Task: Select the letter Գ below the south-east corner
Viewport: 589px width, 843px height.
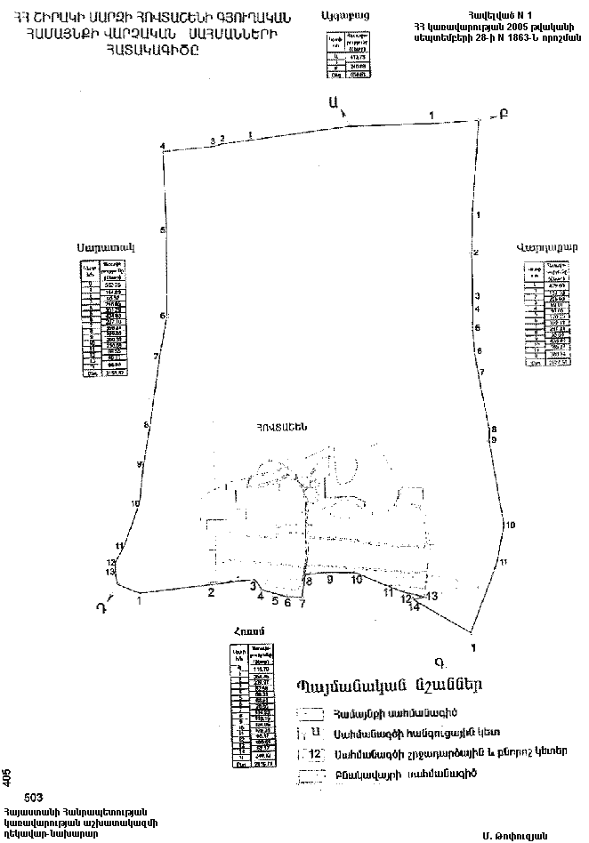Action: click(x=440, y=662)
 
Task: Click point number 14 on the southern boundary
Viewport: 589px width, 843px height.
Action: click(x=413, y=607)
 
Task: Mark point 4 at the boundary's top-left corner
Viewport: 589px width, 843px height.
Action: click(x=163, y=146)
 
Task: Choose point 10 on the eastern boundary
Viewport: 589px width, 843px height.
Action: click(x=510, y=526)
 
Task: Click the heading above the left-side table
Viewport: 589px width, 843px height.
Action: click(x=104, y=247)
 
